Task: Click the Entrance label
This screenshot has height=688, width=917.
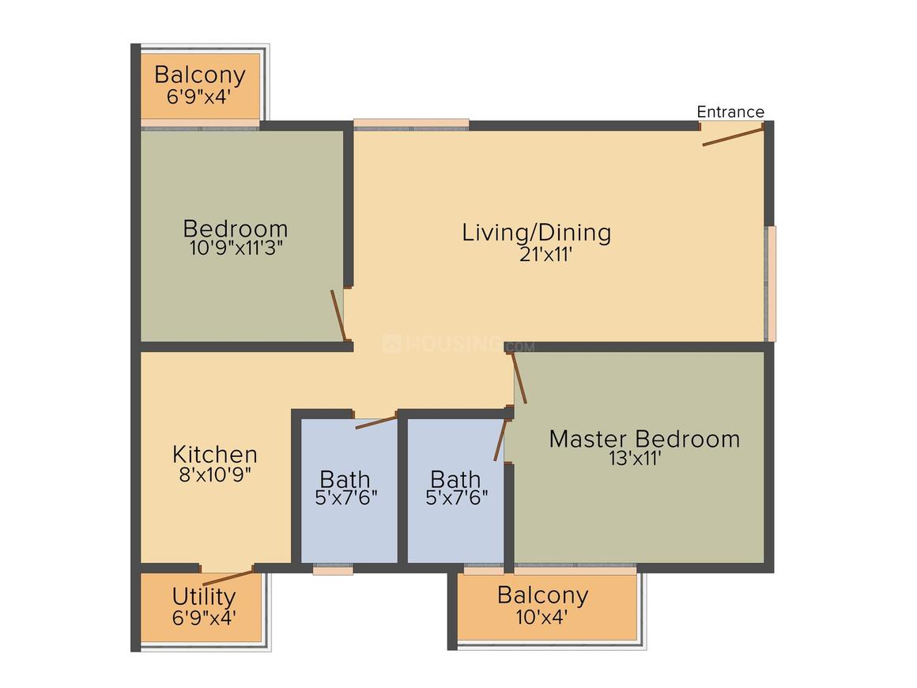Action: pos(730,112)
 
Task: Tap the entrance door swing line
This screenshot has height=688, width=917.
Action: pos(733,137)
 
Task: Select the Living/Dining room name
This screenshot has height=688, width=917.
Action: pos(537,232)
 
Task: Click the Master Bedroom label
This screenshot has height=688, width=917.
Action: pos(644,439)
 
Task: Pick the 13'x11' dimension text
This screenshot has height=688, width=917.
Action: pos(635,459)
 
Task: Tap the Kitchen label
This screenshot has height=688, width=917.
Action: pos(215,455)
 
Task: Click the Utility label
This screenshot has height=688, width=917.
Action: pos(203,596)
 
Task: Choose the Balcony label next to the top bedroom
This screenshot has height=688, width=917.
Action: pos(199,75)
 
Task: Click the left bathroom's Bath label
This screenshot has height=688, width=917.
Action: pos(345,479)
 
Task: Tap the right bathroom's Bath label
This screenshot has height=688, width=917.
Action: pos(455,479)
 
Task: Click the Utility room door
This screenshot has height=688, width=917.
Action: pos(228,575)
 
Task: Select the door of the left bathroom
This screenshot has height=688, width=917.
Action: pos(375,421)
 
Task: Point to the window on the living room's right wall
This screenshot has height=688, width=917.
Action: pos(771,283)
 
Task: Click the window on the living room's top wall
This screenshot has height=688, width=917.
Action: pos(410,124)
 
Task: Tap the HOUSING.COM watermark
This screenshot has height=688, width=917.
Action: pos(458,345)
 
